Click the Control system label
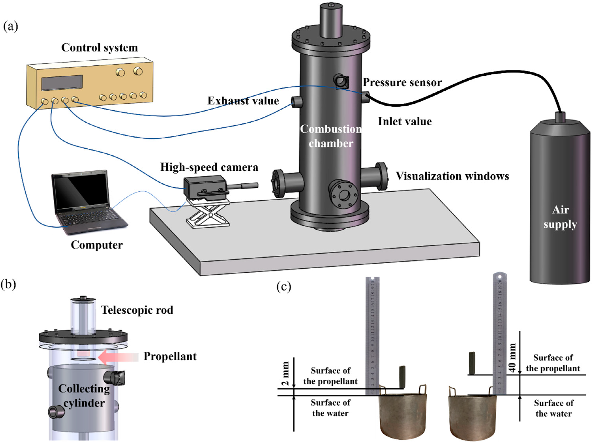point(100,48)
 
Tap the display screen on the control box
point(62,83)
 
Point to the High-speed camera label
point(209,167)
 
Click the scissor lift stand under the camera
point(208,215)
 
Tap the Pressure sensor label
point(402,83)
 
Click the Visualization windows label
point(452,176)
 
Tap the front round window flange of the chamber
point(344,195)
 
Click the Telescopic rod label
point(137,310)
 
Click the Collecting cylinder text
point(84,396)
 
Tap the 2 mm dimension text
point(286,373)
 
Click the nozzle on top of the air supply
point(560,117)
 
